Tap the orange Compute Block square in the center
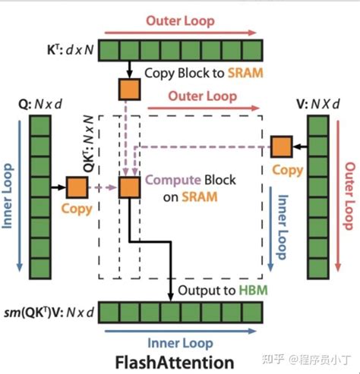pyautogui.click(x=128, y=186)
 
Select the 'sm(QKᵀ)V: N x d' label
pyautogui.click(x=49, y=313)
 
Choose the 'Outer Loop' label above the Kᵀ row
pyautogui.click(x=180, y=21)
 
